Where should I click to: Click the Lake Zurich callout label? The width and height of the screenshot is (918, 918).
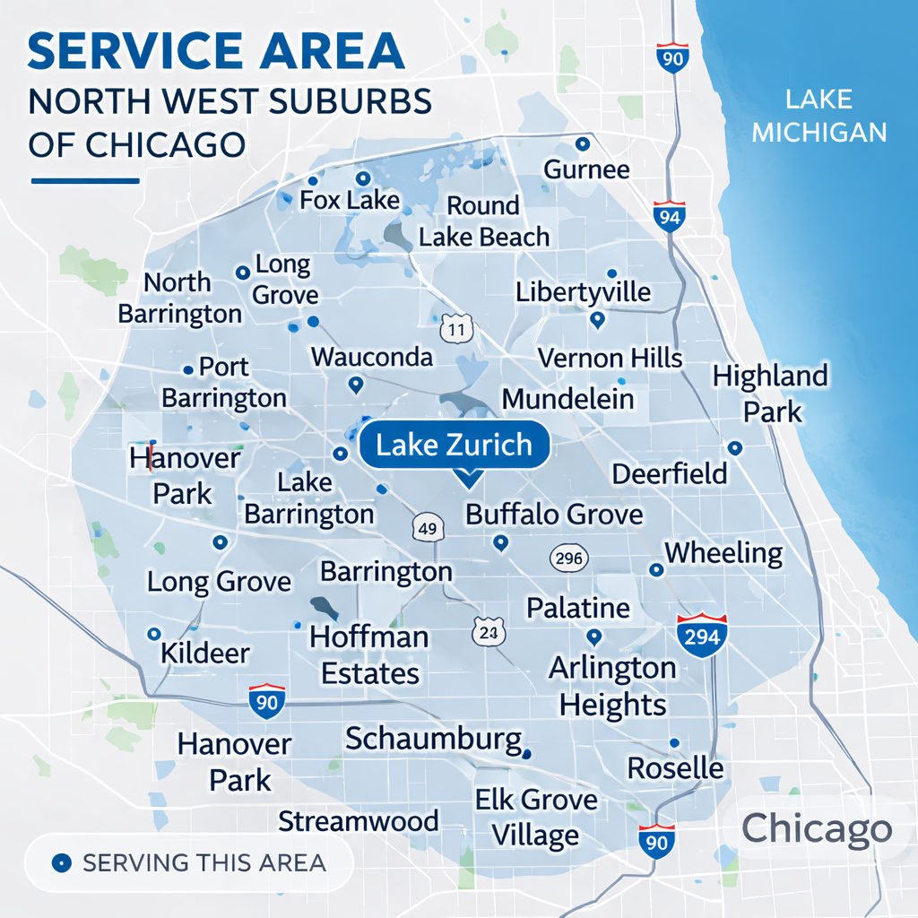coord(454,445)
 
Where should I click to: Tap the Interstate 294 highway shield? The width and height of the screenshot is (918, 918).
coord(702,636)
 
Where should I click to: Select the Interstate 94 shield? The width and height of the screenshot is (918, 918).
coord(669,216)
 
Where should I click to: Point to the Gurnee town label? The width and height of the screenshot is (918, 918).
coord(586,169)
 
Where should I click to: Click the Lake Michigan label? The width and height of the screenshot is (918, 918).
coord(818,116)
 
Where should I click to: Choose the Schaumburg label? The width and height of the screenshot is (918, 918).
coord(433,739)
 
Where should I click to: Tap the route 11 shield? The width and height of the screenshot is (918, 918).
coord(456,329)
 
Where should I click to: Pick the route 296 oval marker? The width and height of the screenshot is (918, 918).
coord(568,559)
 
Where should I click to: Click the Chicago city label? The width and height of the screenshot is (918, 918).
coord(817,828)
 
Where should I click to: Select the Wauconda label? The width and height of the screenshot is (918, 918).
coord(372,357)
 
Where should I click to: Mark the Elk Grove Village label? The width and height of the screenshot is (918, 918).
coord(536,817)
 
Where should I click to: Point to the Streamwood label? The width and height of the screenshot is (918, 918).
coord(359,820)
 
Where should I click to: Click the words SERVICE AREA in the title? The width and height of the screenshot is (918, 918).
coord(215,53)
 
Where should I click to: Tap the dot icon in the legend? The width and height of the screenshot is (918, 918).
coord(61,863)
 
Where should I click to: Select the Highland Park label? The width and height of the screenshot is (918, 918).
coord(770,394)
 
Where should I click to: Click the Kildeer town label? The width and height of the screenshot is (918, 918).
coord(204,653)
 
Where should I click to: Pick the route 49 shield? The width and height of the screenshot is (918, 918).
coord(428,528)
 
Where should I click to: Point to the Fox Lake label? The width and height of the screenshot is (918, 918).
coord(349,200)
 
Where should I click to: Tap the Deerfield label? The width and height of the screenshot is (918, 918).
coord(669,473)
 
